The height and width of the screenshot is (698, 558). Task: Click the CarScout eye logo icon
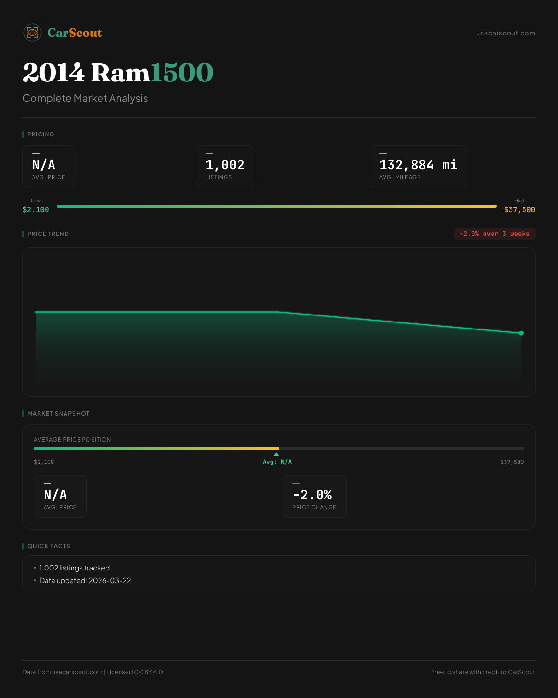tap(33, 33)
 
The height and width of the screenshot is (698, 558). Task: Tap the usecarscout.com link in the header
tap(505, 33)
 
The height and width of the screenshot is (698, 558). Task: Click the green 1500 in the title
tap(182, 73)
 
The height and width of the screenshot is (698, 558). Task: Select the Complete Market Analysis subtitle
tap(85, 99)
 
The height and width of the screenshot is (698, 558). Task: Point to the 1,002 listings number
tap(225, 165)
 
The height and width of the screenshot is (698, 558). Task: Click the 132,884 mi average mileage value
tap(418, 165)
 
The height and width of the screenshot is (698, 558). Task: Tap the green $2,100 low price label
tap(36, 210)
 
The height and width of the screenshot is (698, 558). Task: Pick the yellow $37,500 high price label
tap(519, 210)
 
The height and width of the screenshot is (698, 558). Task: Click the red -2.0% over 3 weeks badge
tap(494, 234)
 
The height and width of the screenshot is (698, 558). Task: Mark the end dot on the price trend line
tap(521, 333)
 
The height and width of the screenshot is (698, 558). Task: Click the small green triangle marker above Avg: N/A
tap(276, 454)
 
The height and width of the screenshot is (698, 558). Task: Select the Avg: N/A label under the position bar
tap(277, 462)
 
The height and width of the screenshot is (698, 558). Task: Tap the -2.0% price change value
tap(312, 495)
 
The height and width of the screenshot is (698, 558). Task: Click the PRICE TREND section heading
tap(48, 234)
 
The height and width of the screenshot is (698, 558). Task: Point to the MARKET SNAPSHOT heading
tap(58, 414)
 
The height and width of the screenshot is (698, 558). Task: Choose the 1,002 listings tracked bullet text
tap(74, 568)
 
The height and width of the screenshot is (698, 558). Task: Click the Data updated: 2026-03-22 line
tap(85, 581)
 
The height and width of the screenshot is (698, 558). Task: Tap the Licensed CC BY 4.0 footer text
tap(135, 672)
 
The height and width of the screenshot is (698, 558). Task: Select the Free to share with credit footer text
tap(483, 672)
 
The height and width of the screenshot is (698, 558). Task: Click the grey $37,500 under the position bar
tap(511, 462)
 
